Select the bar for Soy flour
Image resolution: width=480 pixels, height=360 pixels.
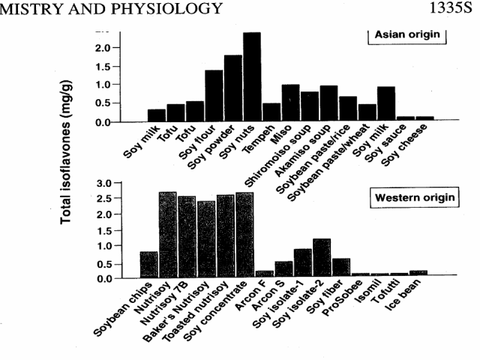pos(214,96)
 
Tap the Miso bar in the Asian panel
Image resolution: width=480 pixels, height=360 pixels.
pos(290,103)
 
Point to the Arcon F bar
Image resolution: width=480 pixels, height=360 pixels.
pos(264,274)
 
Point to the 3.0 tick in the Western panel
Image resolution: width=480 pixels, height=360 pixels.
pos(104,183)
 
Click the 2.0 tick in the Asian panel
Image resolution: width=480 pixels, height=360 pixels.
pos(103,48)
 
